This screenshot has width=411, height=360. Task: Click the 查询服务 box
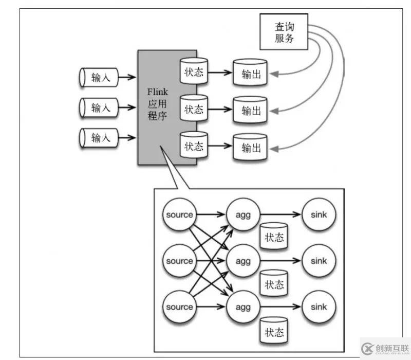(x=284, y=32)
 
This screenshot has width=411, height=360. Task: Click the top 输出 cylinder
(x=251, y=74)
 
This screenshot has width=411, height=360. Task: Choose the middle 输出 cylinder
(x=251, y=111)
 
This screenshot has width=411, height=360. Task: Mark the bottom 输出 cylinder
(x=251, y=148)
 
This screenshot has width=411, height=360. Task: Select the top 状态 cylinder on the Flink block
(x=194, y=71)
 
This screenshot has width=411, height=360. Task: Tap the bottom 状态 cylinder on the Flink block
(x=194, y=146)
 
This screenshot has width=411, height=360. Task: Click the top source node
(x=179, y=214)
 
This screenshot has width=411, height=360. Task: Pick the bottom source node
(x=179, y=307)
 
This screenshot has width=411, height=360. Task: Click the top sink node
(x=319, y=214)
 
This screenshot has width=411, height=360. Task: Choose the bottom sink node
(x=319, y=307)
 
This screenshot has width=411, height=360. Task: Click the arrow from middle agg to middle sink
(x=280, y=261)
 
